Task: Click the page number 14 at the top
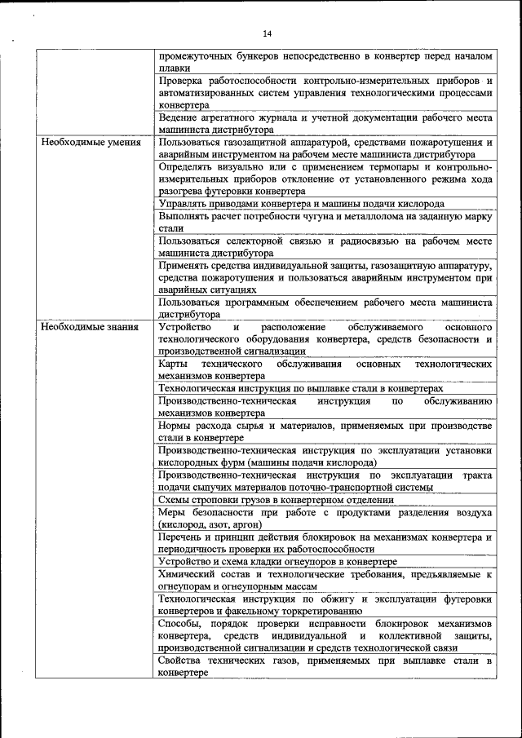[x=267, y=33]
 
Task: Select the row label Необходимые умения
[x=91, y=142]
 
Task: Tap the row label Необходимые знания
[x=91, y=326]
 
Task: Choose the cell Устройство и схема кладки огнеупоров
[x=278, y=562]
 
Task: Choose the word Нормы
[x=176, y=426]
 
